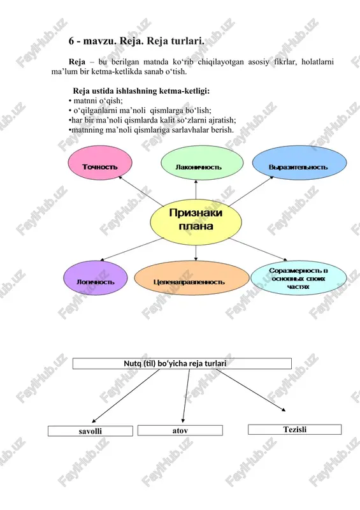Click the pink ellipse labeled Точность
point(100,163)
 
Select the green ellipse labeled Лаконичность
point(202,163)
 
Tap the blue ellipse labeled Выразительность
point(299,163)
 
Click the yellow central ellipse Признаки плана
point(196,222)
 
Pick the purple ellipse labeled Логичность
point(96,278)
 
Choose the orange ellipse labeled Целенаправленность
point(192,278)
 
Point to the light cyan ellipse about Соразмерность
point(299,278)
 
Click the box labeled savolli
point(90,431)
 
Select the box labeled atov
point(180,430)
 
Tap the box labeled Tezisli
point(294,429)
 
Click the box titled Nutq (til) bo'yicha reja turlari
point(182,363)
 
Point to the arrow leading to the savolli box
point(126,396)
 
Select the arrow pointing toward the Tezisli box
point(252,390)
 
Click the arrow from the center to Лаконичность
point(196,189)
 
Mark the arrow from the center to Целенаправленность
point(196,253)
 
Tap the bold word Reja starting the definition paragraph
point(77,62)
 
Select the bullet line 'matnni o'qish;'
point(96,101)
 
